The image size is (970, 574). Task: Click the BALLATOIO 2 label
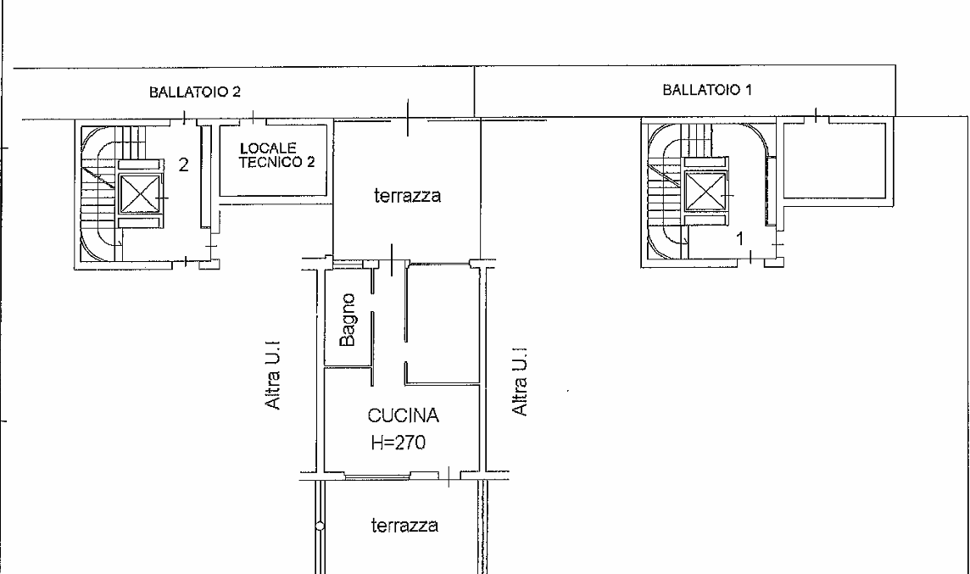[195, 92]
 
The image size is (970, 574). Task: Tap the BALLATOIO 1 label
[707, 90]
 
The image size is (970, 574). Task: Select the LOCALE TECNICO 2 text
[277, 155]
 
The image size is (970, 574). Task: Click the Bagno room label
[348, 320]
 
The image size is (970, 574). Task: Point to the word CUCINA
[404, 415]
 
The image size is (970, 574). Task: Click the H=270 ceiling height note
[399, 443]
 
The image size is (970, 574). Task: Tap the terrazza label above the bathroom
[408, 196]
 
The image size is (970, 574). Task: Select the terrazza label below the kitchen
[404, 525]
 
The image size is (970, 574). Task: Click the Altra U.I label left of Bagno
[273, 374]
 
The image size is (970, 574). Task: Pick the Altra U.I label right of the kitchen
[521, 381]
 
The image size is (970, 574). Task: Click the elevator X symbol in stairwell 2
[140, 193]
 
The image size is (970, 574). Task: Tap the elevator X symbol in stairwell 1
[705, 191]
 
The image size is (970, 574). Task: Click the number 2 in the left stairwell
[183, 165]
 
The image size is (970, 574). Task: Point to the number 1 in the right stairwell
[740, 238]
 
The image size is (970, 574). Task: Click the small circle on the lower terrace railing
[320, 527]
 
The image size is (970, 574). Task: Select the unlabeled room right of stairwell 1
[837, 161]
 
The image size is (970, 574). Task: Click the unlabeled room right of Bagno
[443, 321]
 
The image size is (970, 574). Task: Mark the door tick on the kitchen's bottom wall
[449, 476]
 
